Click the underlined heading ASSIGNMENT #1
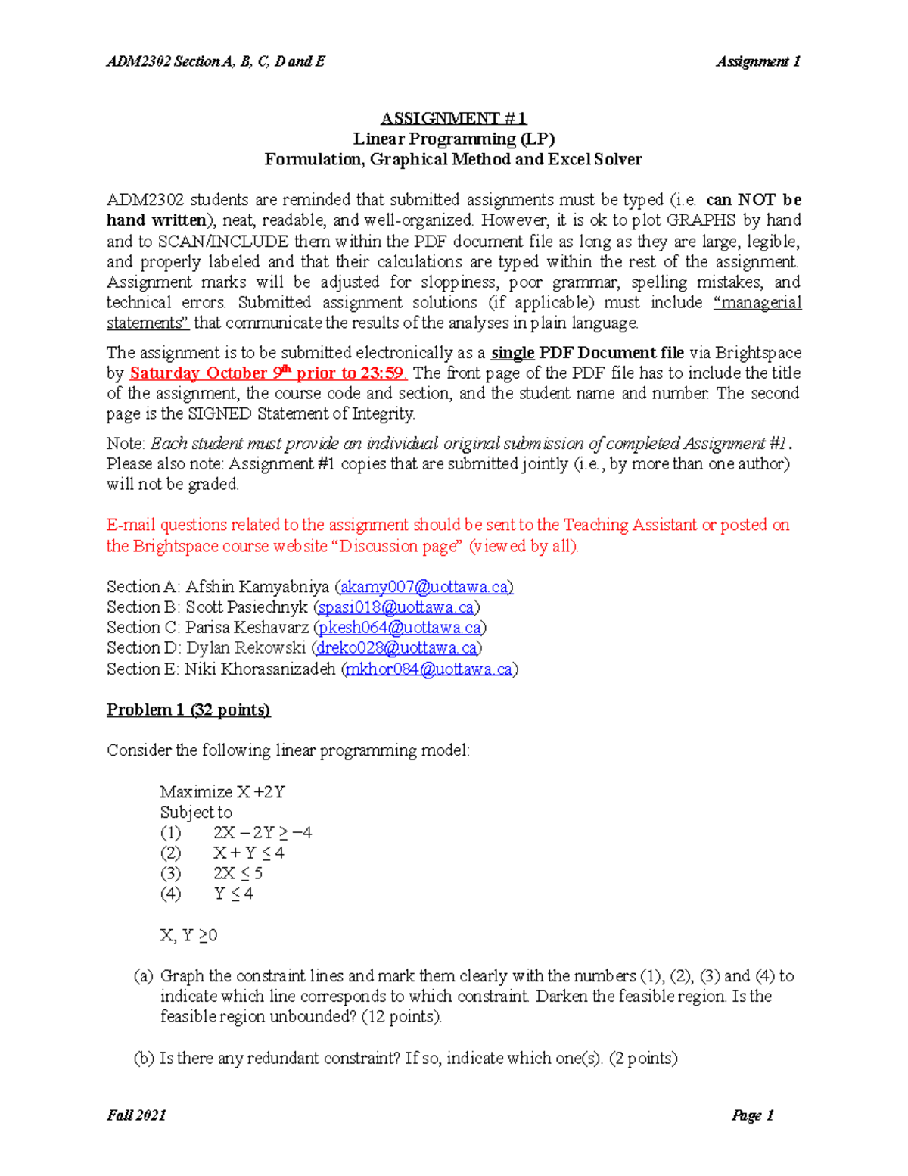(453, 118)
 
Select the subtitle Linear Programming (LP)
(453, 139)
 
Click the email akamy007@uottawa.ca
(426, 587)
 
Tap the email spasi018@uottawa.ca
(396, 607)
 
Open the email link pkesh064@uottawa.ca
(400, 628)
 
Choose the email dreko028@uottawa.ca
(396, 648)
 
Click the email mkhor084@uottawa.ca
(429, 669)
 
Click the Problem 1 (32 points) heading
(188, 710)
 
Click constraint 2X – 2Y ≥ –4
(263, 833)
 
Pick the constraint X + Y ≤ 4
(249, 853)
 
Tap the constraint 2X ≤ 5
(238, 874)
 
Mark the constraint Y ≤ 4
(234, 894)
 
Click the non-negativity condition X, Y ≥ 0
(188, 936)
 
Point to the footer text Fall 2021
(136, 1115)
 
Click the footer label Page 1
(752, 1115)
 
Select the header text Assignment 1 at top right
(758, 61)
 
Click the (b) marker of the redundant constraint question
(144, 1059)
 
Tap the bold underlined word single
(513, 353)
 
